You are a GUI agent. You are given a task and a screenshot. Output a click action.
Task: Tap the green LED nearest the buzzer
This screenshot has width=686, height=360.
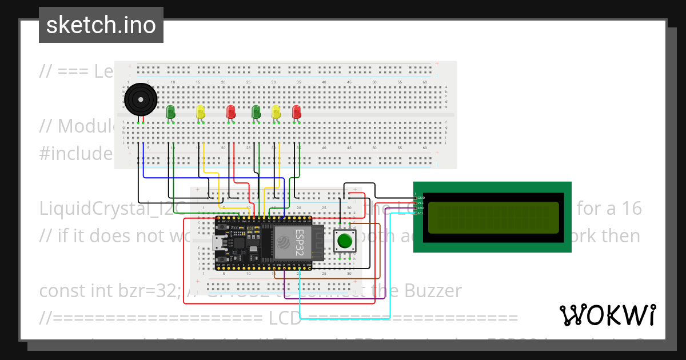pyautogui.click(x=170, y=111)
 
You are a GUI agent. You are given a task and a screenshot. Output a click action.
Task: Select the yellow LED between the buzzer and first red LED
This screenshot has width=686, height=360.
pyautogui.click(x=200, y=111)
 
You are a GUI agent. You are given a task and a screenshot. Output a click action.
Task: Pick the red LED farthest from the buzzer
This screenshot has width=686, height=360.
pyautogui.click(x=296, y=111)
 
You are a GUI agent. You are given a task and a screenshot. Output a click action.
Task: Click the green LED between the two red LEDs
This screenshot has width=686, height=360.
pyautogui.click(x=256, y=111)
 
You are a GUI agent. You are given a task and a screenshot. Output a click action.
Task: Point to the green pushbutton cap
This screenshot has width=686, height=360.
pyautogui.click(x=344, y=241)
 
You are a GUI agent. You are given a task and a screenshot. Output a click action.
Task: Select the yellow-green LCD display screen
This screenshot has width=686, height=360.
pyautogui.click(x=493, y=217)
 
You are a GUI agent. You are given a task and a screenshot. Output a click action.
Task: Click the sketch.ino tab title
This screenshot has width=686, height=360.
pyautogui.click(x=101, y=25)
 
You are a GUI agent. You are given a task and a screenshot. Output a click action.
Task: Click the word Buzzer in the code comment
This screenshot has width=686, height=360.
pyautogui.click(x=432, y=291)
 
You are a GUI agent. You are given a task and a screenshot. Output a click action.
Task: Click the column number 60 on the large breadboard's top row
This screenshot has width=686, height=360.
pyautogui.click(x=425, y=82)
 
